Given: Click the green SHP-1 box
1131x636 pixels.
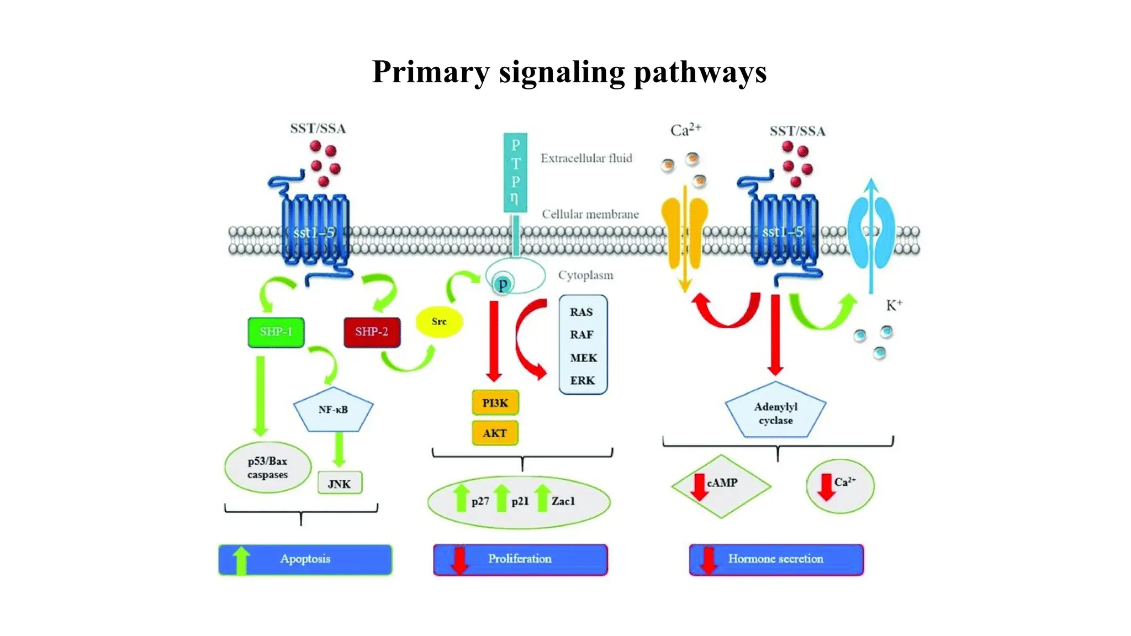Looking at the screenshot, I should [x=276, y=332].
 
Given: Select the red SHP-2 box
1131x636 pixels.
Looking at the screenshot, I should [x=372, y=332].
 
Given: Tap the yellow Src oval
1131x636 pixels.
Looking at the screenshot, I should [x=438, y=322].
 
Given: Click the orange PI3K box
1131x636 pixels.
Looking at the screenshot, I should [x=495, y=403].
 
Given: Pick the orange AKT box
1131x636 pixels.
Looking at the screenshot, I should [x=495, y=433].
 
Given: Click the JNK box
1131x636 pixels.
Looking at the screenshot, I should [x=340, y=484].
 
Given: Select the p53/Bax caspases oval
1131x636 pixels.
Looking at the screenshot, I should [x=268, y=468].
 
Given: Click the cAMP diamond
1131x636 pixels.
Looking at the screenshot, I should [x=721, y=485].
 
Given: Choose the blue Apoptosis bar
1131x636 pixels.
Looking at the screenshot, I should [x=305, y=559].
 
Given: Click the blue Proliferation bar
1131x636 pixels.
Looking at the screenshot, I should [x=520, y=559].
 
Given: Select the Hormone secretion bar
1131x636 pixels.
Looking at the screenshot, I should [x=776, y=559].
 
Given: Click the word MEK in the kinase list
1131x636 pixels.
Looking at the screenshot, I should [x=583, y=358].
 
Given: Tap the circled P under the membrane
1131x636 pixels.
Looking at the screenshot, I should [x=503, y=284].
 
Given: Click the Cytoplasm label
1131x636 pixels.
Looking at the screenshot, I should [x=585, y=275].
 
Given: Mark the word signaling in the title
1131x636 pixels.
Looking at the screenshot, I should [x=561, y=72].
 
